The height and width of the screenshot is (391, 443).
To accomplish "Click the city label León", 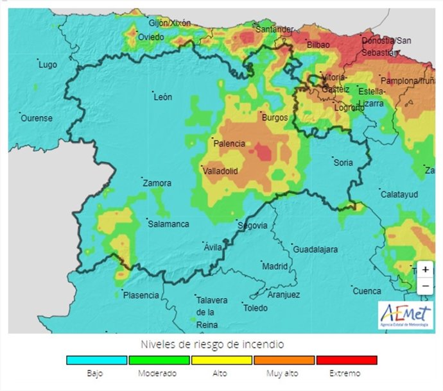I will click(x=162, y=97).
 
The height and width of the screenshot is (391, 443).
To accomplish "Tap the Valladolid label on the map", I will click(x=220, y=171).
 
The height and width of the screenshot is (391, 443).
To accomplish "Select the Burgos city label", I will click(x=274, y=117).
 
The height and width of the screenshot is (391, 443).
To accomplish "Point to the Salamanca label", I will click(x=168, y=224).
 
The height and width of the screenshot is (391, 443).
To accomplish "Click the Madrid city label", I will click(x=275, y=266).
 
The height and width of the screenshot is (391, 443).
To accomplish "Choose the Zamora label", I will click(x=157, y=183).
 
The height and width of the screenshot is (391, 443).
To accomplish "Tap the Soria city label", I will click(x=343, y=163).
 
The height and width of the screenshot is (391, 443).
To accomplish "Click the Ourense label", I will click(x=36, y=119).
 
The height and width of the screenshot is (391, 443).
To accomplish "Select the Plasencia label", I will click(x=141, y=295).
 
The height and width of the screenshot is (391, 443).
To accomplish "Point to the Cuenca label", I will click(x=367, y=291).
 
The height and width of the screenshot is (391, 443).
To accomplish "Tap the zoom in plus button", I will click(x=425, y=270).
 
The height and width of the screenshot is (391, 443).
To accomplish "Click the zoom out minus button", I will click(x=425, y=286).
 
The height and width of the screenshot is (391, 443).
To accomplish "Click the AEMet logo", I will click(x=405, y=315).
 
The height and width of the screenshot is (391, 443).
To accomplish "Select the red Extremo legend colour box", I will click(x=346, y=360).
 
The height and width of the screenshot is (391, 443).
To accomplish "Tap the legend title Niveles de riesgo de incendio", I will click(x=221, y=344).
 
